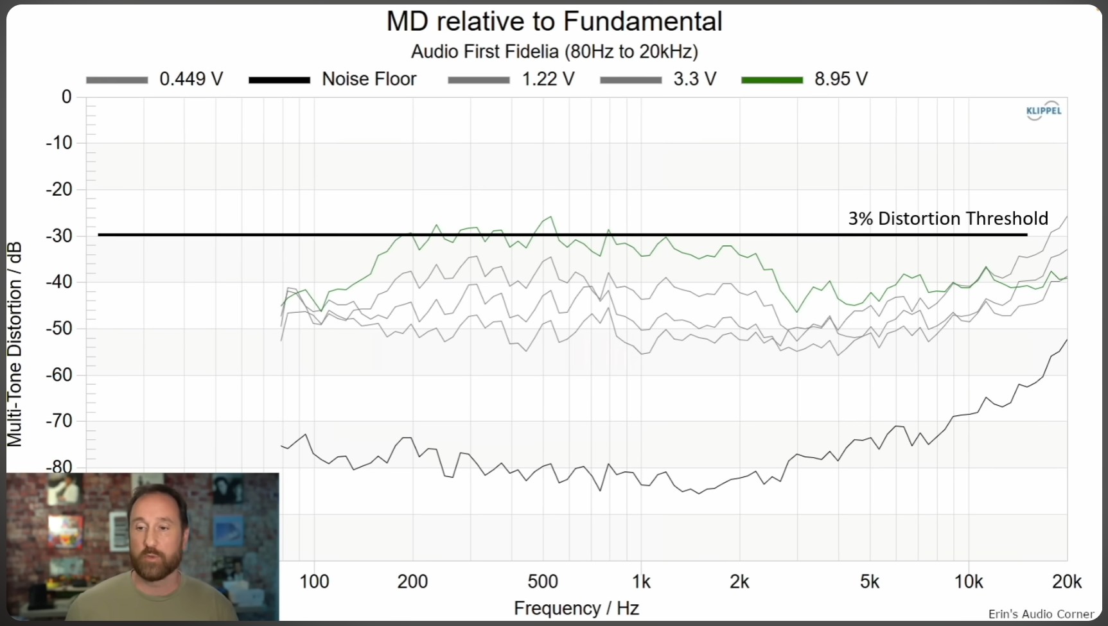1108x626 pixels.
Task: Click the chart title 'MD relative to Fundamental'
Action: tap(554, 21)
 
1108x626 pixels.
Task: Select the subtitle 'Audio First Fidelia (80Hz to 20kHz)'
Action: tap(554, 51)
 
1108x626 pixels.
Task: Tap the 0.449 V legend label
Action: tap(191, 79)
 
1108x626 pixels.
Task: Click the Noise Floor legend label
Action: tap(369, 79)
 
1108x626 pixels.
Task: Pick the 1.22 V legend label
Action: tap(547, 79)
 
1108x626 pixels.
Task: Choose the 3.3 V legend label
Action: tap(694, 79)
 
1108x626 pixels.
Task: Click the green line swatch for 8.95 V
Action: tap(772, 80)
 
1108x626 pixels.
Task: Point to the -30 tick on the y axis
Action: tap(59, 236)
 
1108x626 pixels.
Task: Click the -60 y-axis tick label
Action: tap(59, 374)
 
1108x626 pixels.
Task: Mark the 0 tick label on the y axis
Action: tap(66, 97)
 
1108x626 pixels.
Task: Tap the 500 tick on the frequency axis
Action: tap(542, 582)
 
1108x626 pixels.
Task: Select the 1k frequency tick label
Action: tap(641, 582)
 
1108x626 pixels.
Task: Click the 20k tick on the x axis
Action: tap(1066, 582)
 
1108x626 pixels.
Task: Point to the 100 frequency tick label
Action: tap(314, 582)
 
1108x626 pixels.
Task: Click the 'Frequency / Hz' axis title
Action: tap(576, 608)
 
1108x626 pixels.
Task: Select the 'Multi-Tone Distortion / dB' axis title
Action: tap(15, 343)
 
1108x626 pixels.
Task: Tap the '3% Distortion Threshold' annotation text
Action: tap(947, 218)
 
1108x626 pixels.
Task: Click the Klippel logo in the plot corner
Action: tap(1044, 110)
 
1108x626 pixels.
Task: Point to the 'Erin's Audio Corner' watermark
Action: tap(1041, 614)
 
